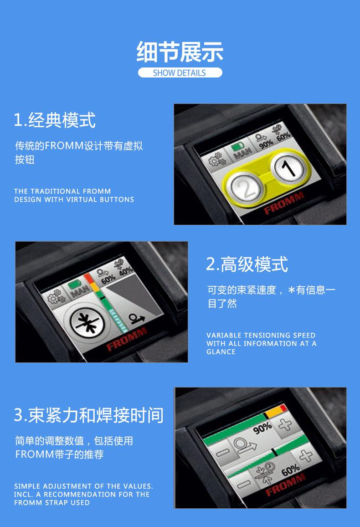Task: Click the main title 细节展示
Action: (180, 52)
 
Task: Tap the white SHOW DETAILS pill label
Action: (180, 73)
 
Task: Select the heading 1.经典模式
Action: (55, 120)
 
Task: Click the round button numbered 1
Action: (287, 169)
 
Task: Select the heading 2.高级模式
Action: (247, 264)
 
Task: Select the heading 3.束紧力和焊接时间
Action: (88, 415)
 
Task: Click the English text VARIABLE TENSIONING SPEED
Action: (261, 335)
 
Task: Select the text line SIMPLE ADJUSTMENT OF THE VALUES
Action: (83, 486)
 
